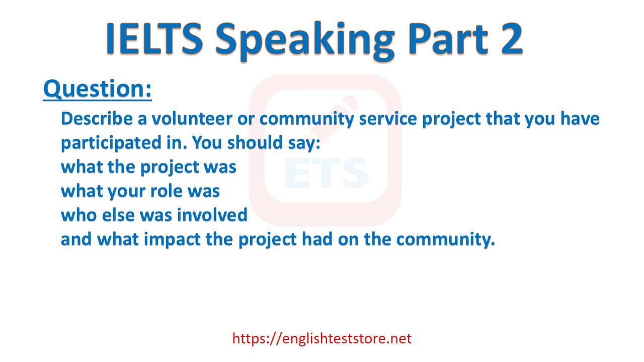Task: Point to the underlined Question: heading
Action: click(98, 89)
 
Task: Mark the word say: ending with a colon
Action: click(304, 143)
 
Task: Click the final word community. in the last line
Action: click(443, 239)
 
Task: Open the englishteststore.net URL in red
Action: click(322, 338)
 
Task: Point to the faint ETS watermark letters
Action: click(326, 172)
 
